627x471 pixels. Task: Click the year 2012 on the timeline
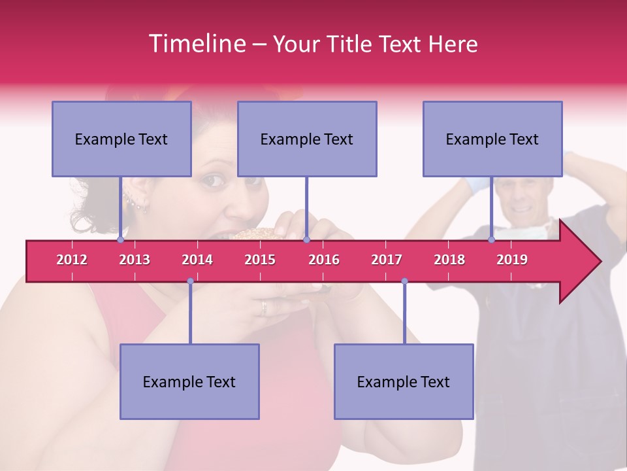pos(72,260)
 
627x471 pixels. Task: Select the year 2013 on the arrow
pos(135,260)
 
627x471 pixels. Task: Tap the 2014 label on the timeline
pos(197,260)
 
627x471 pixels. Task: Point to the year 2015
pos(260,260)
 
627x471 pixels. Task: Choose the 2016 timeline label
pos(324,260)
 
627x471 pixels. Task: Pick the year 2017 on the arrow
pos(387,260)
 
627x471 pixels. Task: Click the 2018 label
pos(449,260)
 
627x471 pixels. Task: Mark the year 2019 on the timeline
pos(512,260)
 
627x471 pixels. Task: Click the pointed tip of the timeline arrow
pos(599,262)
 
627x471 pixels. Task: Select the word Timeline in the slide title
pos(195,44)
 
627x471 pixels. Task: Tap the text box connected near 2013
pos(121,139)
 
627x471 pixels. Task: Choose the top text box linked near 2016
pos(307,139)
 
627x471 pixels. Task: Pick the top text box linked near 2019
pos(492,139)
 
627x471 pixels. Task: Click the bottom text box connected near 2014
pos(189,381)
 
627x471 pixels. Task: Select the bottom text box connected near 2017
pos(404,381)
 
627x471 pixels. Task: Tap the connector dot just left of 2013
pos(121,240)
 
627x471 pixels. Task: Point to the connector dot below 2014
pos(190,281)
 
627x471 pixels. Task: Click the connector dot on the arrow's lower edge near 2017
pos(404,281)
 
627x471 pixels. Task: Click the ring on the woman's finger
pos(264,307)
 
